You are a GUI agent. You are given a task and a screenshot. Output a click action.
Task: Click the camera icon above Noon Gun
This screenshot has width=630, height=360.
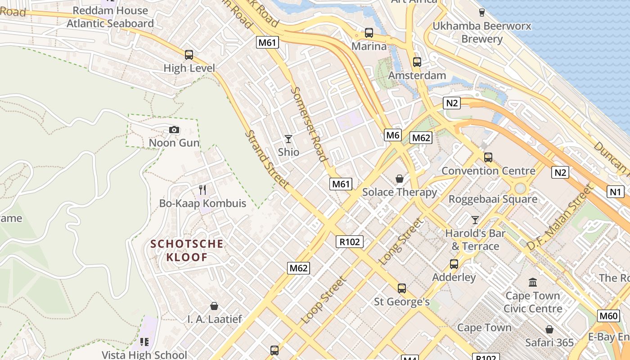click(174, 130)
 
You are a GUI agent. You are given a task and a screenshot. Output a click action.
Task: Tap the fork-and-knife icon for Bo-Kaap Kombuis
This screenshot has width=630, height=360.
click(202, 190)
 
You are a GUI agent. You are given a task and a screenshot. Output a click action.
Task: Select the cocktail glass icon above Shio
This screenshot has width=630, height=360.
click(288, 139)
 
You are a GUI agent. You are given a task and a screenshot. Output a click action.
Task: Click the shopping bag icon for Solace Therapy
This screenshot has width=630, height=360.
click(399, 179)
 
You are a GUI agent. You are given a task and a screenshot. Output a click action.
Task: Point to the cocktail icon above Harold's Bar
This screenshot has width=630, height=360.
click(475, 220)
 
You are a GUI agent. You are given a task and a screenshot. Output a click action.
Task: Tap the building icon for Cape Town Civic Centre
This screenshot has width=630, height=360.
click(533, 283)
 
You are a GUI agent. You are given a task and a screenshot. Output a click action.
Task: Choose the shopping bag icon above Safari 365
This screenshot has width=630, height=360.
click(549, 329)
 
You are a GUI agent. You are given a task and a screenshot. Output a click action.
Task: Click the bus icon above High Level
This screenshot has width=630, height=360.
click(189, 55)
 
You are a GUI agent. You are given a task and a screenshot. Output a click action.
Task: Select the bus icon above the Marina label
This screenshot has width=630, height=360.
click(369, 33)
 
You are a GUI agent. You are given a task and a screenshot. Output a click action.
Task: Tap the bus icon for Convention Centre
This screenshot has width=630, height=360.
click(488, 157)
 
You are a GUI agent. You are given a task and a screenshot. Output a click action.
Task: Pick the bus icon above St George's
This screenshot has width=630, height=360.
click(402, 288)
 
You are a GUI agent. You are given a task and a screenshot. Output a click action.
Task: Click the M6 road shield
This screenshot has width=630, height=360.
click(393, 135)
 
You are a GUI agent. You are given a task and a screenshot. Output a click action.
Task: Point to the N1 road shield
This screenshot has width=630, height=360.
click(615, 192)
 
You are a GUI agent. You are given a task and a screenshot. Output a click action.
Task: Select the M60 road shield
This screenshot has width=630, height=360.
click(608, 316)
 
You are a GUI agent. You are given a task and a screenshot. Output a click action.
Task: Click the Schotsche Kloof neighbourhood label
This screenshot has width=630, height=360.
click(187, 251)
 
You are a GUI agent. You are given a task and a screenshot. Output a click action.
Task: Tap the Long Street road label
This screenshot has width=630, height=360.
click(402, 242)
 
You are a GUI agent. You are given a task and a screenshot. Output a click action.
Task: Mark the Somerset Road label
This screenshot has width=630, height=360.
click(308, 123)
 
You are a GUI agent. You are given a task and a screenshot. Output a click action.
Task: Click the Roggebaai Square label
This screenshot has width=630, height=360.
click(493, 199)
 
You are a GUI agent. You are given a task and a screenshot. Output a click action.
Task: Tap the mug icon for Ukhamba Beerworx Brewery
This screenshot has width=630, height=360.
click(482, 12)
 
